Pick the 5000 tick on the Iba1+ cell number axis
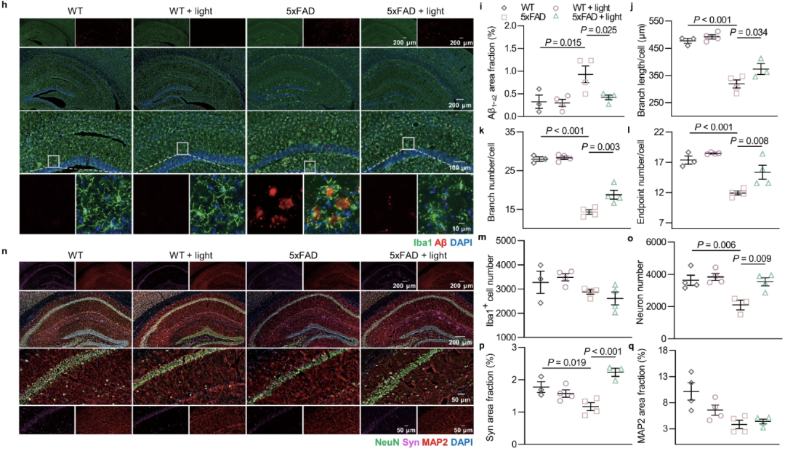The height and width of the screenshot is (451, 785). coord(512,241)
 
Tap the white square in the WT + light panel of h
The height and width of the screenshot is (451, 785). coord(182,148)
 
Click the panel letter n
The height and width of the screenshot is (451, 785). coord(5,253)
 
